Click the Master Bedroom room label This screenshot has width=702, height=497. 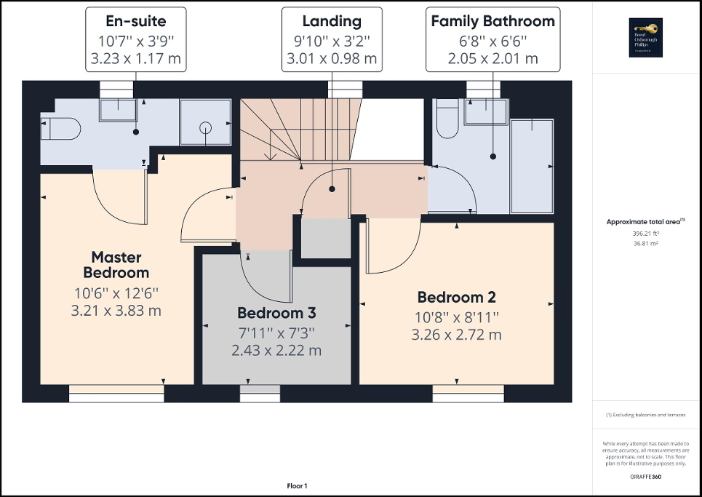pyautogui.click(x=116, y=265)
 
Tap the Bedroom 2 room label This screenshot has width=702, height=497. pyautogui.click(x=456, y=297)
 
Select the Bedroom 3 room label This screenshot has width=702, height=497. pyautogui.click(x=276, y=313)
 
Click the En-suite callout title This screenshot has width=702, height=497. pyautogui.click(x=135, y=21)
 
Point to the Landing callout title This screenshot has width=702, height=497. pyautogui.click(x=332, y=21)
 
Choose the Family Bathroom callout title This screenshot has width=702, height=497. pyautogui.click(x=492, y=21)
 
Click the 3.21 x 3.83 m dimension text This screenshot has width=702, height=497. pyautogui.click(x=116, y=311)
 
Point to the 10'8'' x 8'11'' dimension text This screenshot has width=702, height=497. pyautogui.click(x=456, y=317)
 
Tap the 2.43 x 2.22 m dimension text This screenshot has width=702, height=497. pyautogui.click(x=276, y=350)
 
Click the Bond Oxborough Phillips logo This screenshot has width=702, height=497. pyautogui.click(x=647, y=36)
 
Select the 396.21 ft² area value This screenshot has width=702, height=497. pyautogui.click(x=647, y=234)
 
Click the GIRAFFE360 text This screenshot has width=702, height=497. pyautogui.click(x=647, y=477)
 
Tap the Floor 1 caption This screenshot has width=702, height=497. pyautogui.click(x=297, y=485)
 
